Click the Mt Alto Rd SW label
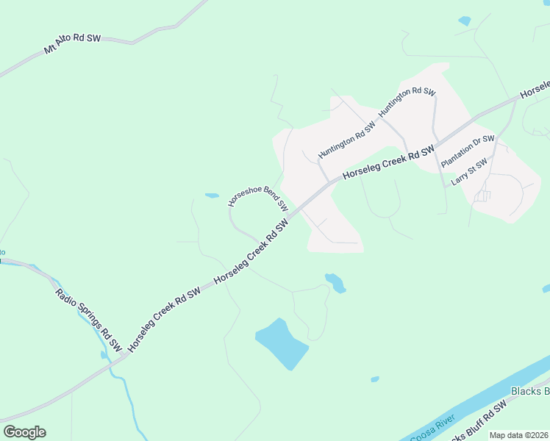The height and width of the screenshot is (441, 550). pos(72,43)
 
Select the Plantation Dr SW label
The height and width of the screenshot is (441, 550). pos(468,151)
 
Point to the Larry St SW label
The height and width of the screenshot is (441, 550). pos(469,173)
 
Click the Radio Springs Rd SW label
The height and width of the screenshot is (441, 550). pos(89,318)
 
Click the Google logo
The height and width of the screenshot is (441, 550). pos(24,432)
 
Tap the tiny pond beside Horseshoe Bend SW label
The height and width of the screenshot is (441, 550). pos(212,196)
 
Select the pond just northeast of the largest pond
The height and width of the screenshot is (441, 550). pos(335,282)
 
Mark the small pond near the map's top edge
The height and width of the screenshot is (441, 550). pos(464,21)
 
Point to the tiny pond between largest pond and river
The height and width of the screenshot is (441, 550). pos(375,379)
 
